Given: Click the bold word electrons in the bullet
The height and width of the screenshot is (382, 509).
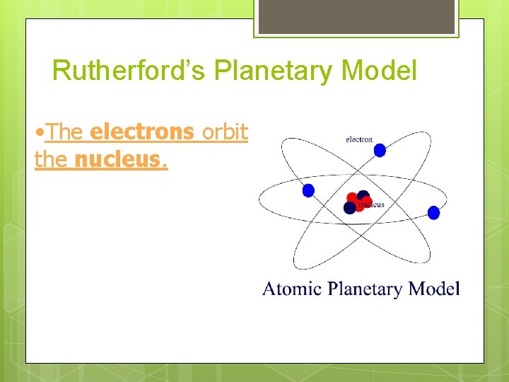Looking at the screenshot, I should click(142, 132).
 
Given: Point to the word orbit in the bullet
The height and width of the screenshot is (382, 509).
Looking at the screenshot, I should click(225, 132).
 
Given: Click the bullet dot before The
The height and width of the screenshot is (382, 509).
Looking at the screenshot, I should click(39, 132).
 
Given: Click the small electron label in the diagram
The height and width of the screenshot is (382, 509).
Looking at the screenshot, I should click(359, 139).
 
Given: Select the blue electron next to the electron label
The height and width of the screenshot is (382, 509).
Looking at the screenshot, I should click(380, 150).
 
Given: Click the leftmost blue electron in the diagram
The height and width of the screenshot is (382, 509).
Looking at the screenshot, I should click(308, 190).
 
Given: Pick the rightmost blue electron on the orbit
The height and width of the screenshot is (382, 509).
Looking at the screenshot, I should click(433, 213).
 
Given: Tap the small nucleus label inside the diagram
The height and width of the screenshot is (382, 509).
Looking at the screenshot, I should click(371, 204).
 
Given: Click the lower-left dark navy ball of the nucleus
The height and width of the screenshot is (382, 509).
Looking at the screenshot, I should click(350, 208).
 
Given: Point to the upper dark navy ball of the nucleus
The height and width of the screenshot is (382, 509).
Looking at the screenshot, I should click(363, 195).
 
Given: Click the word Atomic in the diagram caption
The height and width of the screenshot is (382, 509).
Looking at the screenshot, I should click(291, 289).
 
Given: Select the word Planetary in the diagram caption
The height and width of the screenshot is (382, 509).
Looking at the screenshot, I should click(366, 289).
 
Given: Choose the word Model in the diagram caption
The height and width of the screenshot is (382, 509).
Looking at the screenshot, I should click(435, 289).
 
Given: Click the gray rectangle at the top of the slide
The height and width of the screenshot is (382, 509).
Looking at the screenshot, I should click(356, 16).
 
